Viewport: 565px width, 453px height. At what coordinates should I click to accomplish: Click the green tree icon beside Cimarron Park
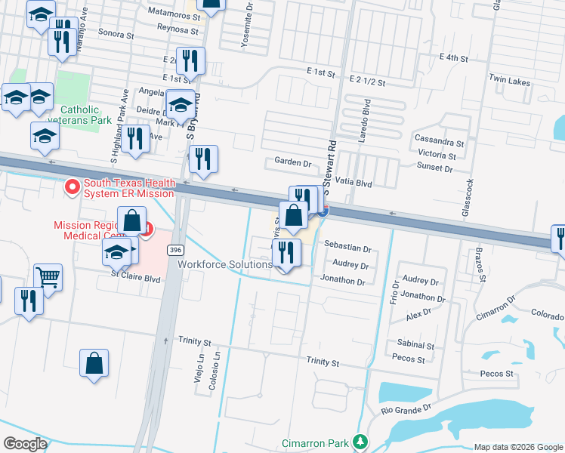pos(361,441)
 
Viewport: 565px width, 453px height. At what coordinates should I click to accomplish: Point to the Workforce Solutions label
pos(224,264)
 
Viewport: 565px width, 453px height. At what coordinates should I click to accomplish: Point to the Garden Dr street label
pos(292,162)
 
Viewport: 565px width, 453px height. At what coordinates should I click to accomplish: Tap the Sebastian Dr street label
pos(347,248)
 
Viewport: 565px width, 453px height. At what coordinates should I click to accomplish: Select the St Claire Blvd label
pos(136,276)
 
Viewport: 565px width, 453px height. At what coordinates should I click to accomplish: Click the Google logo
pos(25,443)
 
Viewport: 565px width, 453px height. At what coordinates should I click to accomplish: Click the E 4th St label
pos(453,57)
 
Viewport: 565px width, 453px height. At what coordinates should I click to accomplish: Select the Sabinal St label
pos(414,345)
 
